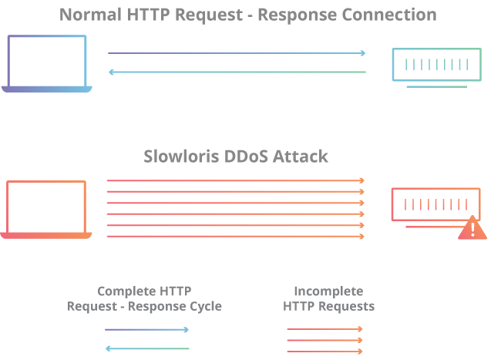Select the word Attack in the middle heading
(303, 156)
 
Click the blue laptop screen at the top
(47, 60)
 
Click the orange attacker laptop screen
(47, 206)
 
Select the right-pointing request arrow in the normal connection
(236, 53)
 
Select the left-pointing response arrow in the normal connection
(236, 72)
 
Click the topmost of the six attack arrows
(235, 180)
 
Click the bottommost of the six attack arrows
(235, 237)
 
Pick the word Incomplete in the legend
(328, 291)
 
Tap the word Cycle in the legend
(205, 306)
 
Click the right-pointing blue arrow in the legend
(146, 330)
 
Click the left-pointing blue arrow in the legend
(146, 348)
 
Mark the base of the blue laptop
(47, 89)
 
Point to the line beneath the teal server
(436, 86)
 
